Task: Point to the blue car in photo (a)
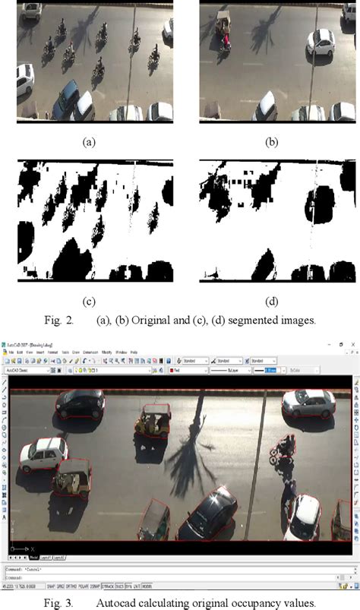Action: pyautogui.click(x=65, y=99)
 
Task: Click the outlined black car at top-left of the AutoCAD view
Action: pyautogui.click(x=80, y=404)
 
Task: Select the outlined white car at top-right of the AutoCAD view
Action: pyautogui.click(x=308, y=404)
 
